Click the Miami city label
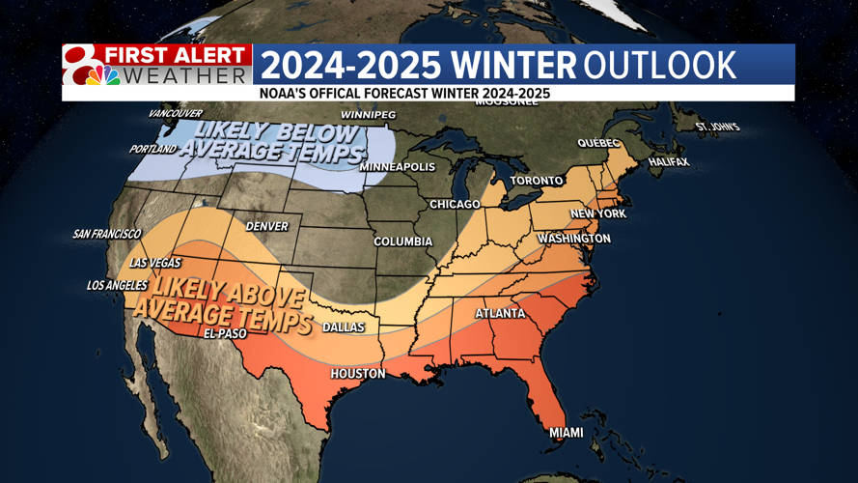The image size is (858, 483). click(x=567, y=432)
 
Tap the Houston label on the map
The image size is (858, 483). click(x=358, y=374)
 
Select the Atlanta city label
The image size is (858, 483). click(x=500, y=313)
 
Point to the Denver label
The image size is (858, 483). click(x=267, y=226)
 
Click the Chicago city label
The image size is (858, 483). click(x=455, y=204)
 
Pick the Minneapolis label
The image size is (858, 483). click(x=397, y=167)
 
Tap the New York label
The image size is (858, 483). click(x=598, y=213)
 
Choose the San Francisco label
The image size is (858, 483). click(x=106, y=234)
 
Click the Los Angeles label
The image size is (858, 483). click(x=117, y=285)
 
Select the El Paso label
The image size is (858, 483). click(x=225, y=334)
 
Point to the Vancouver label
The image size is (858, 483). click(x=175, y=114)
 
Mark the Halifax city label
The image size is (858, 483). click(x=669, y=162)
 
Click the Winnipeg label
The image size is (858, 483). click(x=368, y=115)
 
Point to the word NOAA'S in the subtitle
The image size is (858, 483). click(x=285, y=94)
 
